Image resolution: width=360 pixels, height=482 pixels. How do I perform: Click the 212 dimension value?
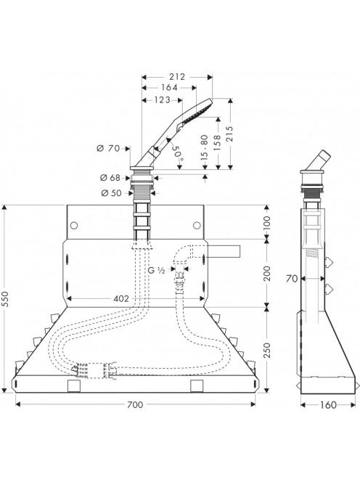(177, 77)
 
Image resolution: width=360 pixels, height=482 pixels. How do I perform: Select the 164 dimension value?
(169, 88)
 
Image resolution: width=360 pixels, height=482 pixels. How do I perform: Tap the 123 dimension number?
(162, 100)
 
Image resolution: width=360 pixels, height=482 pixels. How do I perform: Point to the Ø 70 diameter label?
(108, 149)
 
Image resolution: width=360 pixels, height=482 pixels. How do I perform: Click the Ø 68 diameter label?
(110, 178)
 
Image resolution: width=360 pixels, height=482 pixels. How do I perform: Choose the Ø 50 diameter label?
(111, 193)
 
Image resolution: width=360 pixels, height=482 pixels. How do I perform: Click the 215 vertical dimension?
(229, 134)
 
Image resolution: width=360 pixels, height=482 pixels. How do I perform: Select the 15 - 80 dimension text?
(204, 147)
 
